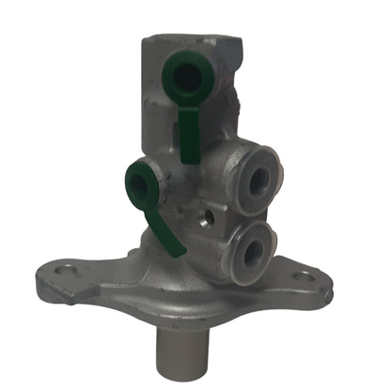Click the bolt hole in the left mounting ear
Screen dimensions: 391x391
pos(67,275)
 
